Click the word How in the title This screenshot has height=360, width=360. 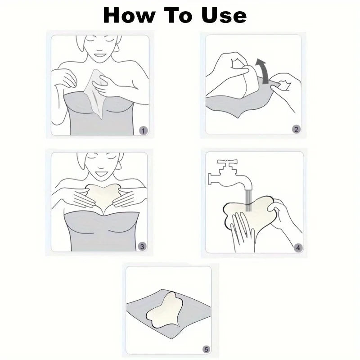129,15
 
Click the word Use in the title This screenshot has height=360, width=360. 224,15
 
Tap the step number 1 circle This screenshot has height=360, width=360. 143,131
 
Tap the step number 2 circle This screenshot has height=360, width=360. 296,130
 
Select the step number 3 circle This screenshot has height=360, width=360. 142,247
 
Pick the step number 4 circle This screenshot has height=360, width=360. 298,248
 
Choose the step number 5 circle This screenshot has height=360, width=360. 206,350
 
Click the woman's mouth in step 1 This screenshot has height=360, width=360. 100,55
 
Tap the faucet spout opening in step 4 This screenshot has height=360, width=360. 249,189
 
